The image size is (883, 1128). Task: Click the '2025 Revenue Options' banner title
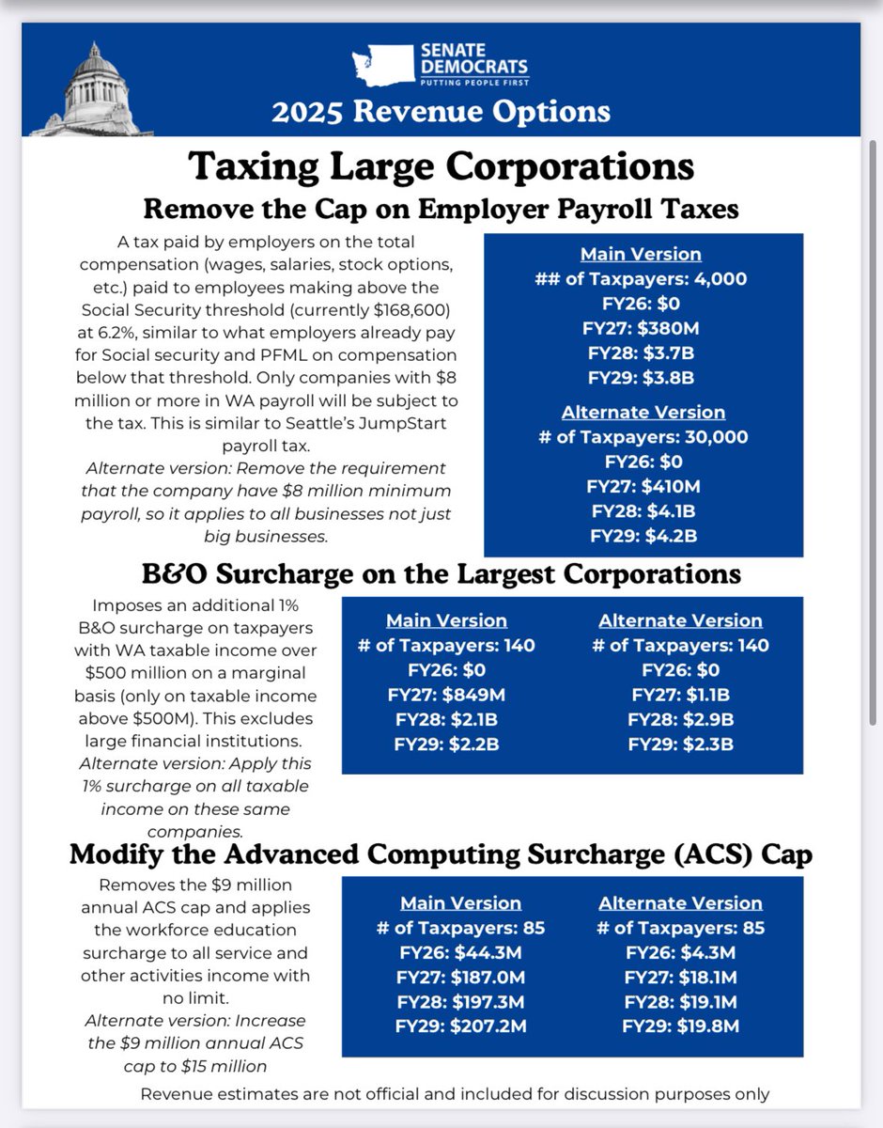441,112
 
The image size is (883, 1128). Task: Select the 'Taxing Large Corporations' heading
441,166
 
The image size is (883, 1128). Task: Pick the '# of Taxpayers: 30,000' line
643,437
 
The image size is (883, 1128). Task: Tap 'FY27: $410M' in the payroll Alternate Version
643,487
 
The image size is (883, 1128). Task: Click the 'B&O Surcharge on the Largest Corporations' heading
441,573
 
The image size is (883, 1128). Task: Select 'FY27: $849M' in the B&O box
447,695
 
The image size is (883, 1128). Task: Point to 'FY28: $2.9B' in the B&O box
681,720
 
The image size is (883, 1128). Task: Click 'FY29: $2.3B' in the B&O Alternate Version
681,744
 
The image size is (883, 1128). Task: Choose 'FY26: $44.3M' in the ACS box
460,952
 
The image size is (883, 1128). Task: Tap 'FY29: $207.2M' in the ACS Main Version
460,1026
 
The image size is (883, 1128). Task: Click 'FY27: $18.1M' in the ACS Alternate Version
681,977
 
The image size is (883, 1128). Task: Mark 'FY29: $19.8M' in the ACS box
681,1026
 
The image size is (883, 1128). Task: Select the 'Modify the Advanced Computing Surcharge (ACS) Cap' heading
441,855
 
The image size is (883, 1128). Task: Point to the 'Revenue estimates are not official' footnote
455,1093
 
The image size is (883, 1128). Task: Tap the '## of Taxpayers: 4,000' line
643,279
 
